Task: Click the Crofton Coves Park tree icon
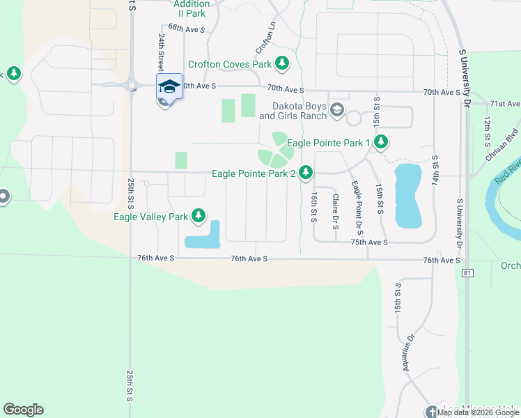282,64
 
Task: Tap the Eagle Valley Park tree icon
199,216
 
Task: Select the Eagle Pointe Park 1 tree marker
380,143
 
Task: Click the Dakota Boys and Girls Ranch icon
337,109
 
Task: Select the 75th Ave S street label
368,242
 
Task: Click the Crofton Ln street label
266,38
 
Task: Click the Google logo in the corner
23,410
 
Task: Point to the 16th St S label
314,207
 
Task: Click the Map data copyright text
479,412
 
